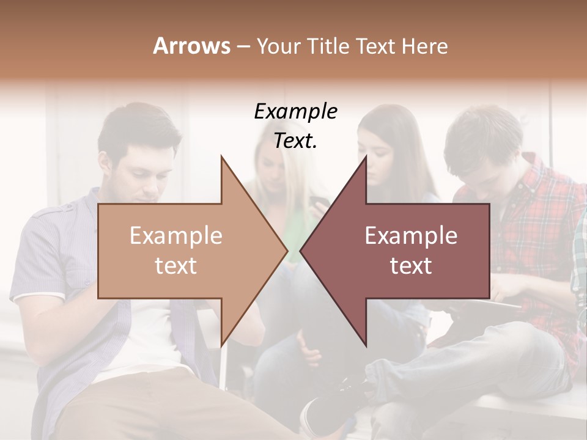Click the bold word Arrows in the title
point(191,46)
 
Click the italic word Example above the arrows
point(295,112)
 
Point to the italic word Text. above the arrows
point(295,141)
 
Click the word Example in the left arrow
point(176,236)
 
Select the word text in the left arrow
point(176,266)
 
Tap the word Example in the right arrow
point(411,236)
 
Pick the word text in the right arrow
point(411,266)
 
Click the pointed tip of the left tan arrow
point(286,250)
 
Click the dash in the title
point(242,46)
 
